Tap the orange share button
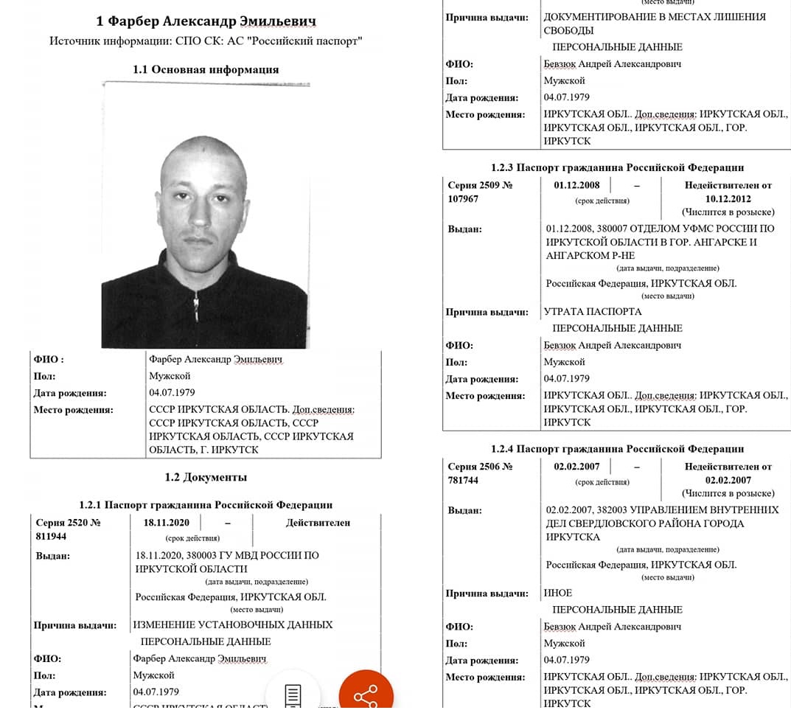click(x=366, y=695)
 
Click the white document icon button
click(x=293, y=695)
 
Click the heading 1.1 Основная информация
click(x=206, y=69)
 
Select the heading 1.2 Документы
click(x=206, y=477)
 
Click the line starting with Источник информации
click(x=206, y=41)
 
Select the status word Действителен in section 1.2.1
click(x=318, y=523)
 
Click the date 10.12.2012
click(x=728, y=199)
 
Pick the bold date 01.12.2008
click(x=577, y=185)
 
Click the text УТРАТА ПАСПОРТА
click(x=592, y=312)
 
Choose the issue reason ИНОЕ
click(x=557, y=593)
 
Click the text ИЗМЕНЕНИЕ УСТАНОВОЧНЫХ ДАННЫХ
click(x=232, y=624)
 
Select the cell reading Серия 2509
click(x=479, y=185)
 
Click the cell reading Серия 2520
click(x=68, y=523)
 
